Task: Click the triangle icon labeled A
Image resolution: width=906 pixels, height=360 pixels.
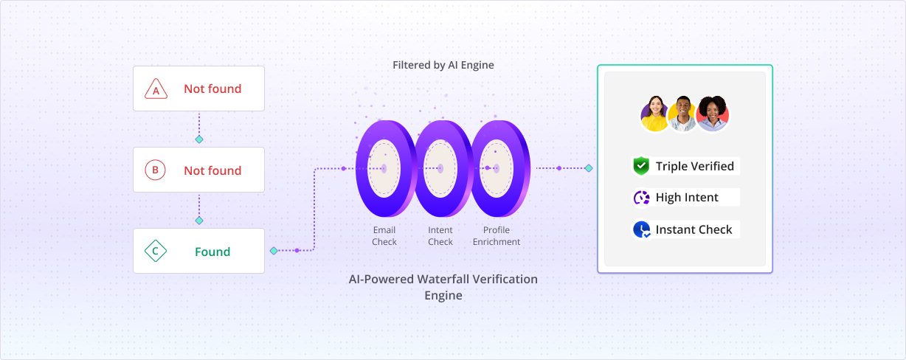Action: (155, 90)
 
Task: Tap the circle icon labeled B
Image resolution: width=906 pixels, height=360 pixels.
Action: (155, 170)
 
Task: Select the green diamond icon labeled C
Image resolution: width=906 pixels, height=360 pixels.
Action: (155, 252)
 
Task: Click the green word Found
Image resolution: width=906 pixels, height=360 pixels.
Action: (212, 252)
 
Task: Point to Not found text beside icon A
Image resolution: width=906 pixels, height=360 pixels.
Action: (212, 89)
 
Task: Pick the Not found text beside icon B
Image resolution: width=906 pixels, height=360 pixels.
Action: (212, 170)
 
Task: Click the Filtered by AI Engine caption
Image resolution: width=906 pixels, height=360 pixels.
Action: (443, 65)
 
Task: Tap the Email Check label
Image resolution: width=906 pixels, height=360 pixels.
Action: (384, 236)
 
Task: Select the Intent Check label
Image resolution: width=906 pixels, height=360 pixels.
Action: (440, 236)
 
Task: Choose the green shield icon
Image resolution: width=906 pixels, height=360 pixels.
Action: (640, 166)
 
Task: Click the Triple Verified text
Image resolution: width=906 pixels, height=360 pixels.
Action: (694, 167)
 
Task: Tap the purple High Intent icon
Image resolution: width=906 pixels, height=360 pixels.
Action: (640, 198)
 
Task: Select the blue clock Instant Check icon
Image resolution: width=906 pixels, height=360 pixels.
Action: (640, 229)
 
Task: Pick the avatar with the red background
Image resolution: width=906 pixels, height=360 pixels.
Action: (713, 114)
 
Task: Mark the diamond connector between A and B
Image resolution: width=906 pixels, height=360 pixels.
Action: (198, 139)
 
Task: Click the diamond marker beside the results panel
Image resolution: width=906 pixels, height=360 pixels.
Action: (589, 168)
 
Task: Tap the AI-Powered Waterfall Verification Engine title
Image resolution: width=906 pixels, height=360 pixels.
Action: (443, 287)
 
